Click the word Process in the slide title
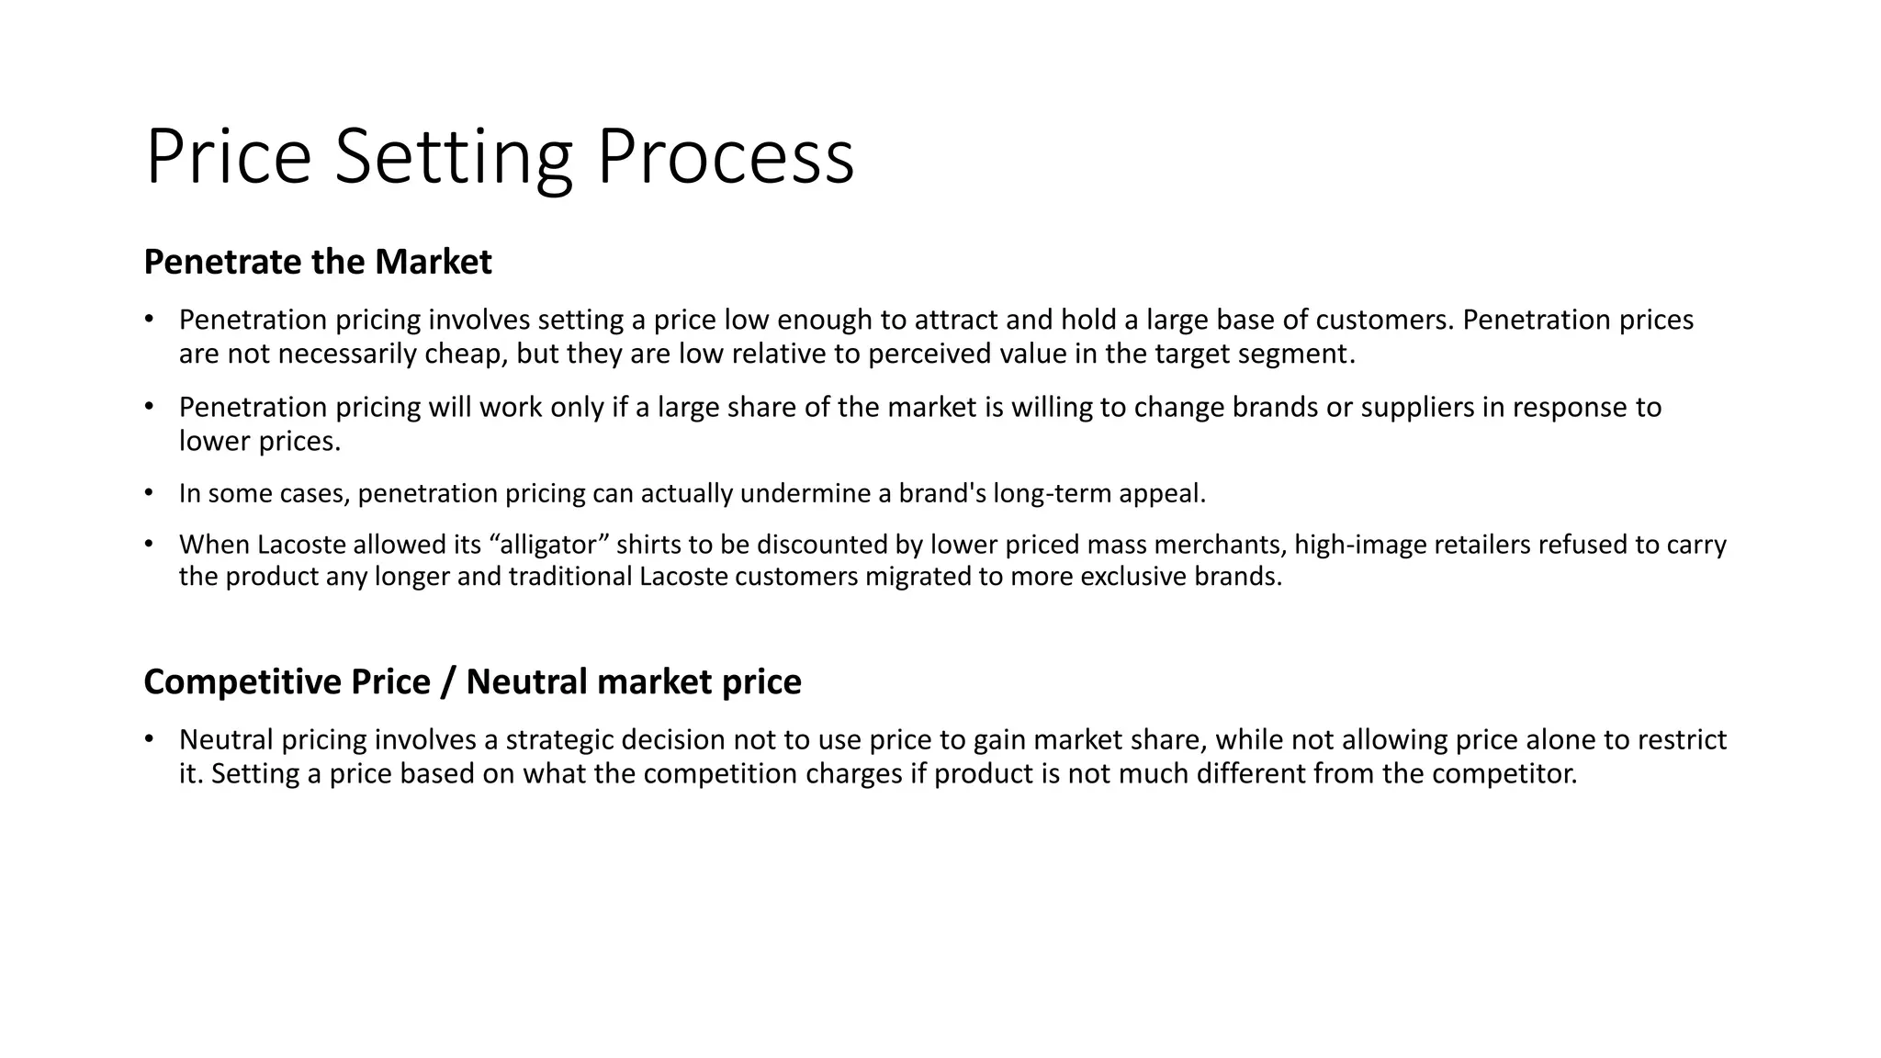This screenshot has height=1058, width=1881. pos(726,157)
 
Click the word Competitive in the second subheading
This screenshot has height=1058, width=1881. pos(242,682)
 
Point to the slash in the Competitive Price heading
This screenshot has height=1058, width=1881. pos(448,682)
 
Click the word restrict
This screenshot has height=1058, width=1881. pos(1683,740)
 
